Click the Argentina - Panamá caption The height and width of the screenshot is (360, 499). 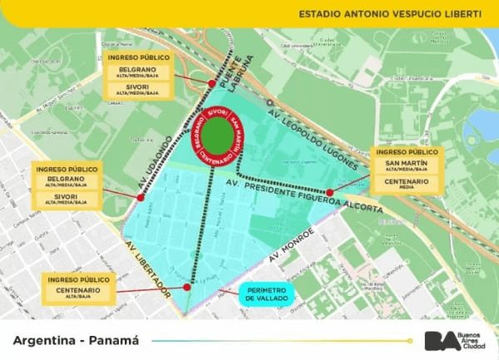(76, 340)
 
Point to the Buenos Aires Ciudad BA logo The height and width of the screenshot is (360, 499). (454, 340)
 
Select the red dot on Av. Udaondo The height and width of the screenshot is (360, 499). (140, 197)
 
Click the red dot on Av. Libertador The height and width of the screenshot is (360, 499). (188, 287)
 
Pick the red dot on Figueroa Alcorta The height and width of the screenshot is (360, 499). (330, 192)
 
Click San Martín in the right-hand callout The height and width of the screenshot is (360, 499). (407, 165)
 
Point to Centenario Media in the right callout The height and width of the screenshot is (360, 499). (407, 183)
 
